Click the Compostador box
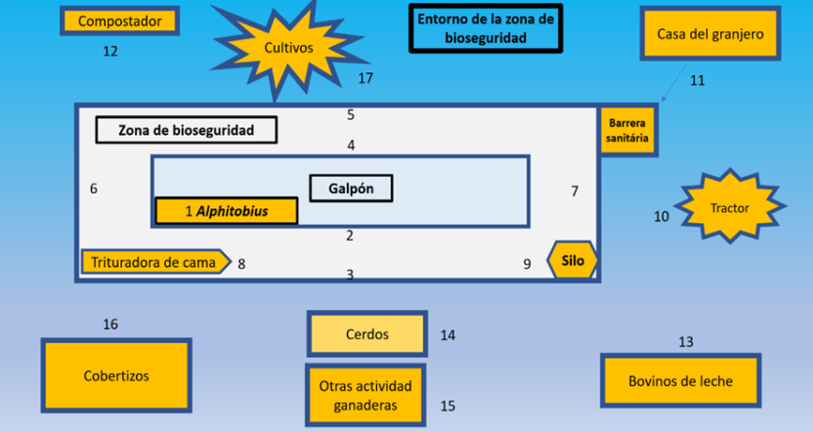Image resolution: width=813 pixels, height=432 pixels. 119,21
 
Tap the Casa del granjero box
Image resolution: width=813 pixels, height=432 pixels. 709,34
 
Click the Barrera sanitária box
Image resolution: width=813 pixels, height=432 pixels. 627,131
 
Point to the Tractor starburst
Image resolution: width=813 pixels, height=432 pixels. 729,208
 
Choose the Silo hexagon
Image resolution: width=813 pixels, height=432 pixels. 574,261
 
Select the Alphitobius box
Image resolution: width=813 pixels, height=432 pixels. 226,211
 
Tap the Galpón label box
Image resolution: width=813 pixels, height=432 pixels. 351,188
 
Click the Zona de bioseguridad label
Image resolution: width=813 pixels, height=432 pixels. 186,130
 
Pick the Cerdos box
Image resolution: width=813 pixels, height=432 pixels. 366,334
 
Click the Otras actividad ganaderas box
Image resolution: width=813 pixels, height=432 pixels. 366,395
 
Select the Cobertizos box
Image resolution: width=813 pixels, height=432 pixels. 115,375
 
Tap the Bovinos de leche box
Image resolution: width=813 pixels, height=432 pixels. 680,381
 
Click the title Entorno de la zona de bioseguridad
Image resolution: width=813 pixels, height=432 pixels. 486,29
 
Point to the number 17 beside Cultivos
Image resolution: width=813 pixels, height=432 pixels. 365,78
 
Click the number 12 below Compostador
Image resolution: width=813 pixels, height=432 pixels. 110,51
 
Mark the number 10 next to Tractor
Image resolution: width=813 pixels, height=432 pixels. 662,216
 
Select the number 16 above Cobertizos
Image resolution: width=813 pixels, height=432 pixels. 110,324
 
